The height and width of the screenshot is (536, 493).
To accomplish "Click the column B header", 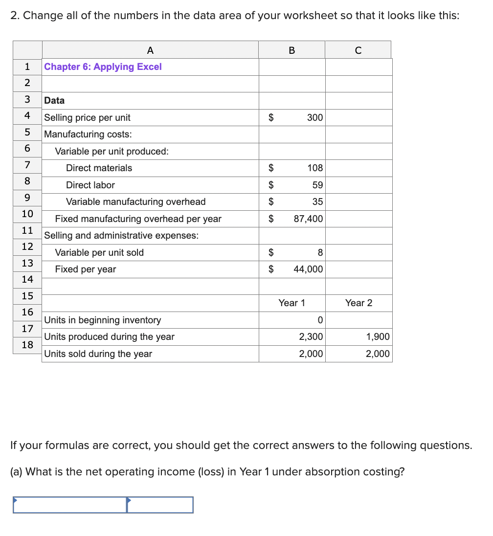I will click(x=292, y=50).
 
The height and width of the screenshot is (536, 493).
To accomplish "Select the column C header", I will click(x=358, y=50).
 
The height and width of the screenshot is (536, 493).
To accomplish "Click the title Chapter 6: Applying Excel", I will click(x=103, y=67).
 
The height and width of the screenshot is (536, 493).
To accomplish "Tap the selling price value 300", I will click(x=315, y=117).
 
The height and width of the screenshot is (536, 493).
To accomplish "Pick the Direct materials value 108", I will click(x=315, y=168).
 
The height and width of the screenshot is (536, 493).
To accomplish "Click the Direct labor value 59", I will click(x=317, y=185).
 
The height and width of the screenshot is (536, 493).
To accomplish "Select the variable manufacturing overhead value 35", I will click(x=317, y=201).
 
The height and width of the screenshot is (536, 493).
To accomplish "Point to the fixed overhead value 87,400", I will click(x=308, y=219).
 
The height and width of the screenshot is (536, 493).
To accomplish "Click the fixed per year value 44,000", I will click(x=308, y=269).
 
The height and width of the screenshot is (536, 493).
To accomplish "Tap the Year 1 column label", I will click(x=291, y=303).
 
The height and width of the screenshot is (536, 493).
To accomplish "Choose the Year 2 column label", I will click(x=359, y=303).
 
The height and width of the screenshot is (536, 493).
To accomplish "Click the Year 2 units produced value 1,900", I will click(x=378, y=337).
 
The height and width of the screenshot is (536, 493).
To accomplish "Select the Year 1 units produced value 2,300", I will click(x=311, y=337).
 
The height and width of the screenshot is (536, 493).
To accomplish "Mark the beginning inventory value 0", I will click(x=320, y=320).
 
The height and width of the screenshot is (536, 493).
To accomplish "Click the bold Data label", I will click(x=54, y=100).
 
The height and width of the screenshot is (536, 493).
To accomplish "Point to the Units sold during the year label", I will click(x=98, y=354).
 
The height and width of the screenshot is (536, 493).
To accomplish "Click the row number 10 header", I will click(x=27, y=214).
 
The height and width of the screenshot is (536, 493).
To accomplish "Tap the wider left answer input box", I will click(x=70, y=505).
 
